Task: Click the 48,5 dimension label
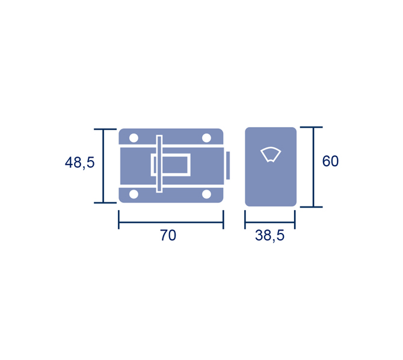[79, 163]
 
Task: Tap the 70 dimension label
[168, 235]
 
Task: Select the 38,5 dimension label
[269, 235]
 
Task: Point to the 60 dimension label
[331, 161]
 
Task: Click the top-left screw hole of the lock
[134, 138]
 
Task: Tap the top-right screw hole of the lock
[206, 138]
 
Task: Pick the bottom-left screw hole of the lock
[134, 194]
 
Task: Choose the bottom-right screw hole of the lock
[206, 194]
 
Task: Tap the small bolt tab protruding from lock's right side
[228, 166]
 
